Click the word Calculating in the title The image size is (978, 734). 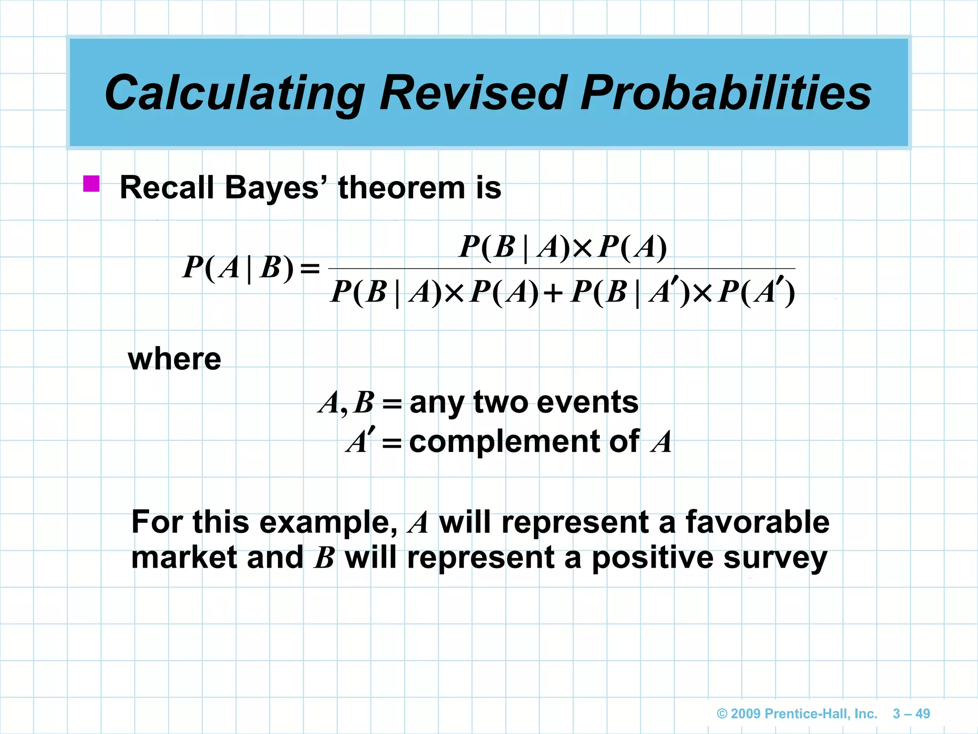pos(234,93)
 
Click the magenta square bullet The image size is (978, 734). pos(91,184)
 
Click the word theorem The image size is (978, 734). pos(402,187)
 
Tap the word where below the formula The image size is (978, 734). pos(174,359)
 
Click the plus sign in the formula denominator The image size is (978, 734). pos(553,292)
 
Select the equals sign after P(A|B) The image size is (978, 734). pos(309,268)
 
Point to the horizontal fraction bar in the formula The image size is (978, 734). pos(562,269)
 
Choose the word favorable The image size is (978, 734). pos(757,522)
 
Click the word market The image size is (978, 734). pos(184,558)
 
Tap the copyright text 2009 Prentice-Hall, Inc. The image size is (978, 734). pos(797,713)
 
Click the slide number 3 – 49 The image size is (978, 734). pos(911,713)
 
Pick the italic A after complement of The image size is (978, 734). pos(661,442)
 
